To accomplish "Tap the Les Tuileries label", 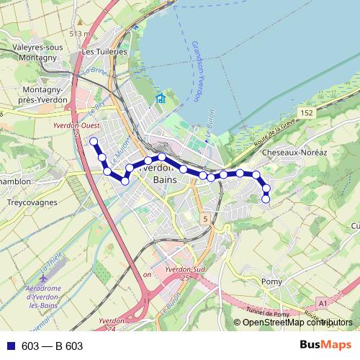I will coord(104,52).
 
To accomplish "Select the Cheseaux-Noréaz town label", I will coord(296,153).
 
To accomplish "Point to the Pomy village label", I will coord(271,281).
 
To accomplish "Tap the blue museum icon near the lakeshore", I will coord(161,99).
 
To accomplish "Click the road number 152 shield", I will coord(308,113).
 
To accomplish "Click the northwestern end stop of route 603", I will coord(93,141).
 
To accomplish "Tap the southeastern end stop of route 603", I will coord(266,199).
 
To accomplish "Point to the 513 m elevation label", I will coord(80,33).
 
